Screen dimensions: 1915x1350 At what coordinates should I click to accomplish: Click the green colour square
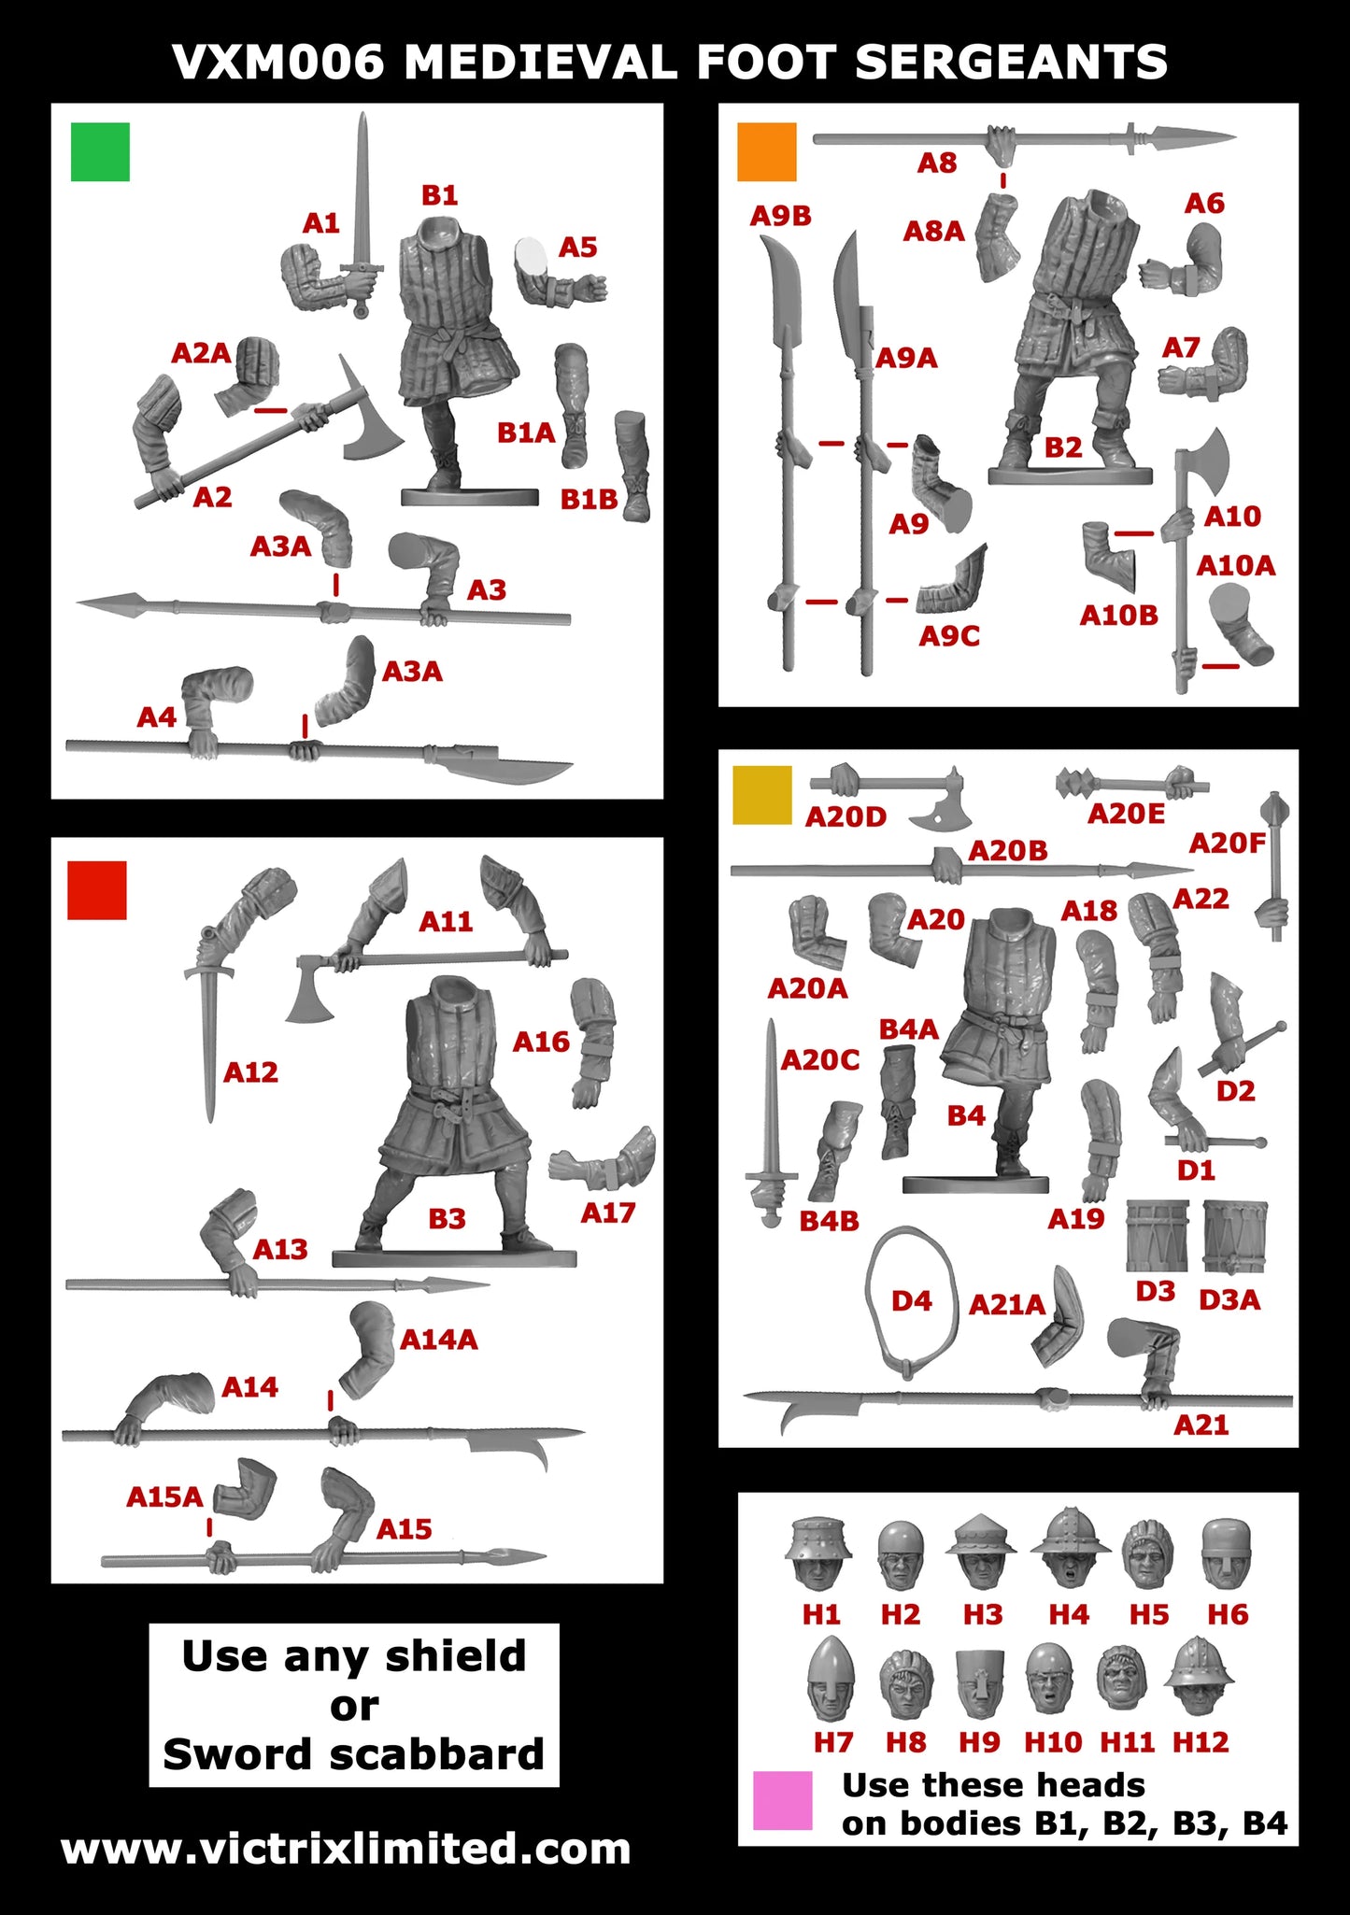(100, 151)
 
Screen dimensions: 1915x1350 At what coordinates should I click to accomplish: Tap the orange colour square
(766, 151)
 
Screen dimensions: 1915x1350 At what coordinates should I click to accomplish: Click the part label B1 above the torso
(439, 195)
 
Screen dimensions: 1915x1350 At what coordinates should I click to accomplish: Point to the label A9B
(780, 216)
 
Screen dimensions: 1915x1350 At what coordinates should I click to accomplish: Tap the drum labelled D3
(1157, 1236)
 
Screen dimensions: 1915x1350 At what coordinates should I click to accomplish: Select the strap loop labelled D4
(911, 1300)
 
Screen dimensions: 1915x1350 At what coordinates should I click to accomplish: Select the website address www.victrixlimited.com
(346, 1849)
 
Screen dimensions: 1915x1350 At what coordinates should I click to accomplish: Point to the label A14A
(438, 1340)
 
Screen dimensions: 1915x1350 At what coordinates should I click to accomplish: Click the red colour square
(97, 890)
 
